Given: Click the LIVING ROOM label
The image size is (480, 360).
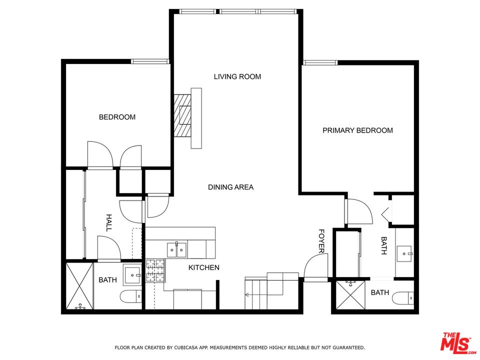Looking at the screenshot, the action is tap(237, 76).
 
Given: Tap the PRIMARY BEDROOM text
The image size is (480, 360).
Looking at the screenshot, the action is tap(357, 130).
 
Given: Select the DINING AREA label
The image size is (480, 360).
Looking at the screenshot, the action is tap(230, 187).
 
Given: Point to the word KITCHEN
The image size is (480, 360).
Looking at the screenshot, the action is tap(204, 267).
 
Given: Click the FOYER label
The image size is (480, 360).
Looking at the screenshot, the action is tap(321, 241).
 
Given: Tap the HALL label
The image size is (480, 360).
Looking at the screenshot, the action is tap(108, 223).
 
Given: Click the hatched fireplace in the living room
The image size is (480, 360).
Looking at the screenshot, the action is tap(183, 115).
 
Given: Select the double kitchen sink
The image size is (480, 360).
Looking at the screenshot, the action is tap(177, 250).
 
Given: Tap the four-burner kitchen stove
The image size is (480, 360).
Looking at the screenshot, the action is tap(155, 270).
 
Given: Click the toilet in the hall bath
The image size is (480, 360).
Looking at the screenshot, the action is tap(130, 296).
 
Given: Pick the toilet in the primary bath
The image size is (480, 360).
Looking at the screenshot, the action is tap(403, 298).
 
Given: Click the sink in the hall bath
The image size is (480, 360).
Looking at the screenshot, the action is tap(132, 275).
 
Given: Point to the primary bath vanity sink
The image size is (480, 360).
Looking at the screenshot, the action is tap(404, 254).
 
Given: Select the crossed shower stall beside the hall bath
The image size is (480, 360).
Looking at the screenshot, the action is tap(79, 285).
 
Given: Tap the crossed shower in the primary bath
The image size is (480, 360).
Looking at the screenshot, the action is tap(350, 295).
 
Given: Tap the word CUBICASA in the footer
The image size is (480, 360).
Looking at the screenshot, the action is tap(185, 347).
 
